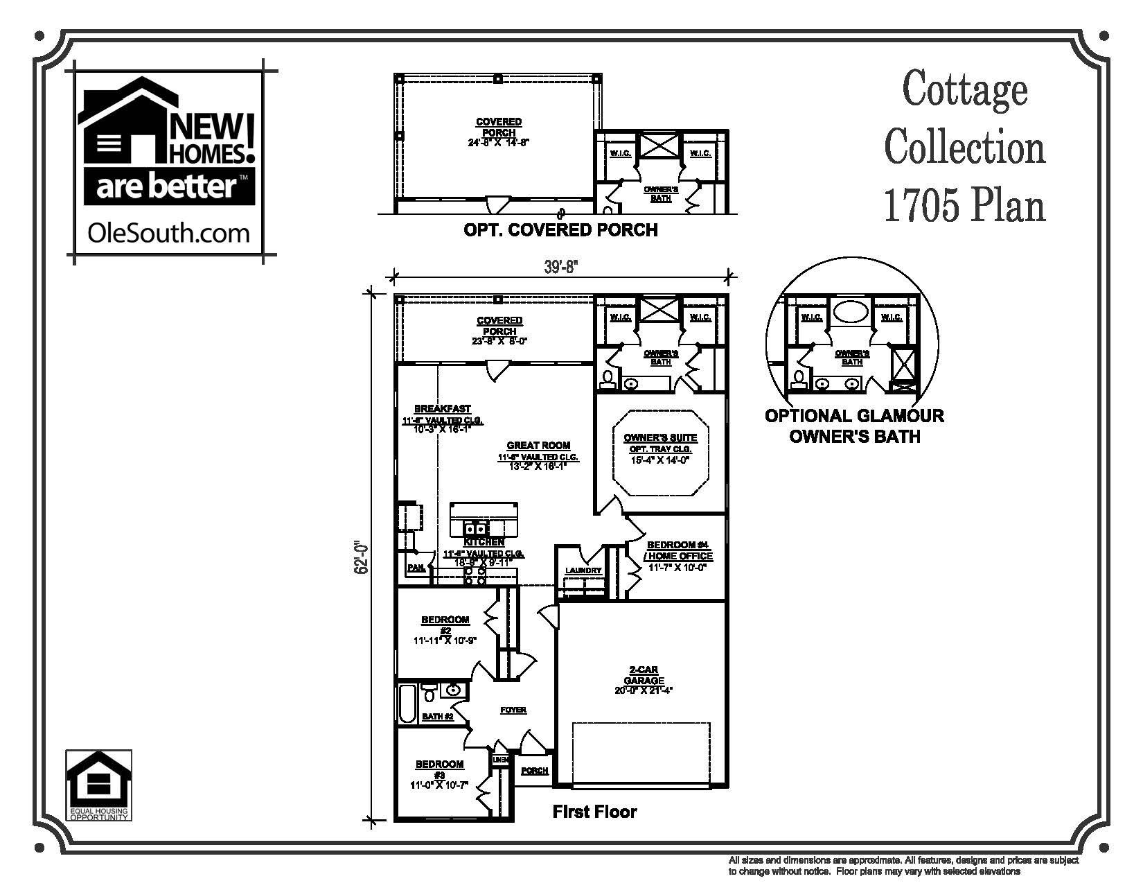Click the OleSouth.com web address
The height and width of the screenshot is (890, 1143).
tap(168, 232)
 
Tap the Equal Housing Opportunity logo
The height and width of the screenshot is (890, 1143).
tap(98, 786)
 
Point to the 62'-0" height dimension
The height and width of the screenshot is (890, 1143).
tap(358, 557)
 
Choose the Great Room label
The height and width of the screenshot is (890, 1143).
tap(538, 446)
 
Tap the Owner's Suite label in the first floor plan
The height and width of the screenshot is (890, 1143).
tap(660, 438)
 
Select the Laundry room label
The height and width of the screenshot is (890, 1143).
tap(583, 571)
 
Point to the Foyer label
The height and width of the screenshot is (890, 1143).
tap(513, 710)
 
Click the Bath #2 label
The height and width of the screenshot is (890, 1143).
tap(438, 717)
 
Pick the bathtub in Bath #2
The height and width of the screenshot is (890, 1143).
tap(408, 703)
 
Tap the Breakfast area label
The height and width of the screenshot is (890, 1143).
tap(433, 409)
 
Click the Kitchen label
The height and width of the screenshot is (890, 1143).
tap(484, 542)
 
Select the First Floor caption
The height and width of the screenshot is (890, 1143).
tap(594, 812)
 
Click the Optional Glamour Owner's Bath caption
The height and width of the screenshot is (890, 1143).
tap(854, 426)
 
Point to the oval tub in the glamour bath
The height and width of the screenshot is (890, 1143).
tap(850, 312)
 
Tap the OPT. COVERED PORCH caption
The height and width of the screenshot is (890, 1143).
tap(560, 229)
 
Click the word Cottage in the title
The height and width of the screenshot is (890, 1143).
tap(964, 89)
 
